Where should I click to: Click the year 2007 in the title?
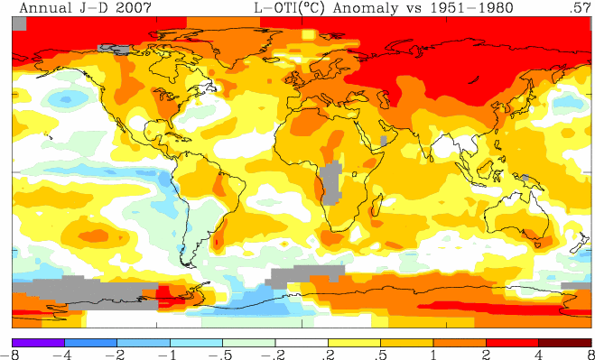[x=133, y=7]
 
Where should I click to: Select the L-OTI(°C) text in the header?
[x=288, y=7]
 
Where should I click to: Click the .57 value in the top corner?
[x=580, y=7]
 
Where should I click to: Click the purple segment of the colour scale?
[x=38, y=343]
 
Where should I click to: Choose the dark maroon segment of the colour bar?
[x=565, y=343]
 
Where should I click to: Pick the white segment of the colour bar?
[x=302, y=343]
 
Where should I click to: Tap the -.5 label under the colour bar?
[x=220, y=355]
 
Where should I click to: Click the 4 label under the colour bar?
[x=539, y=355]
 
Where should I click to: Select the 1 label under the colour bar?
[x=433, y=355]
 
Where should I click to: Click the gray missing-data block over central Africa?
[x=330, y=182]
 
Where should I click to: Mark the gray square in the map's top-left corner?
[x=19, y=23]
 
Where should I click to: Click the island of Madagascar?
[x=376, y=205]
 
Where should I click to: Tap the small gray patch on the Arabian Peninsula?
[x=383, y=141]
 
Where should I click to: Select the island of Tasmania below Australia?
[x=538, y=245]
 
